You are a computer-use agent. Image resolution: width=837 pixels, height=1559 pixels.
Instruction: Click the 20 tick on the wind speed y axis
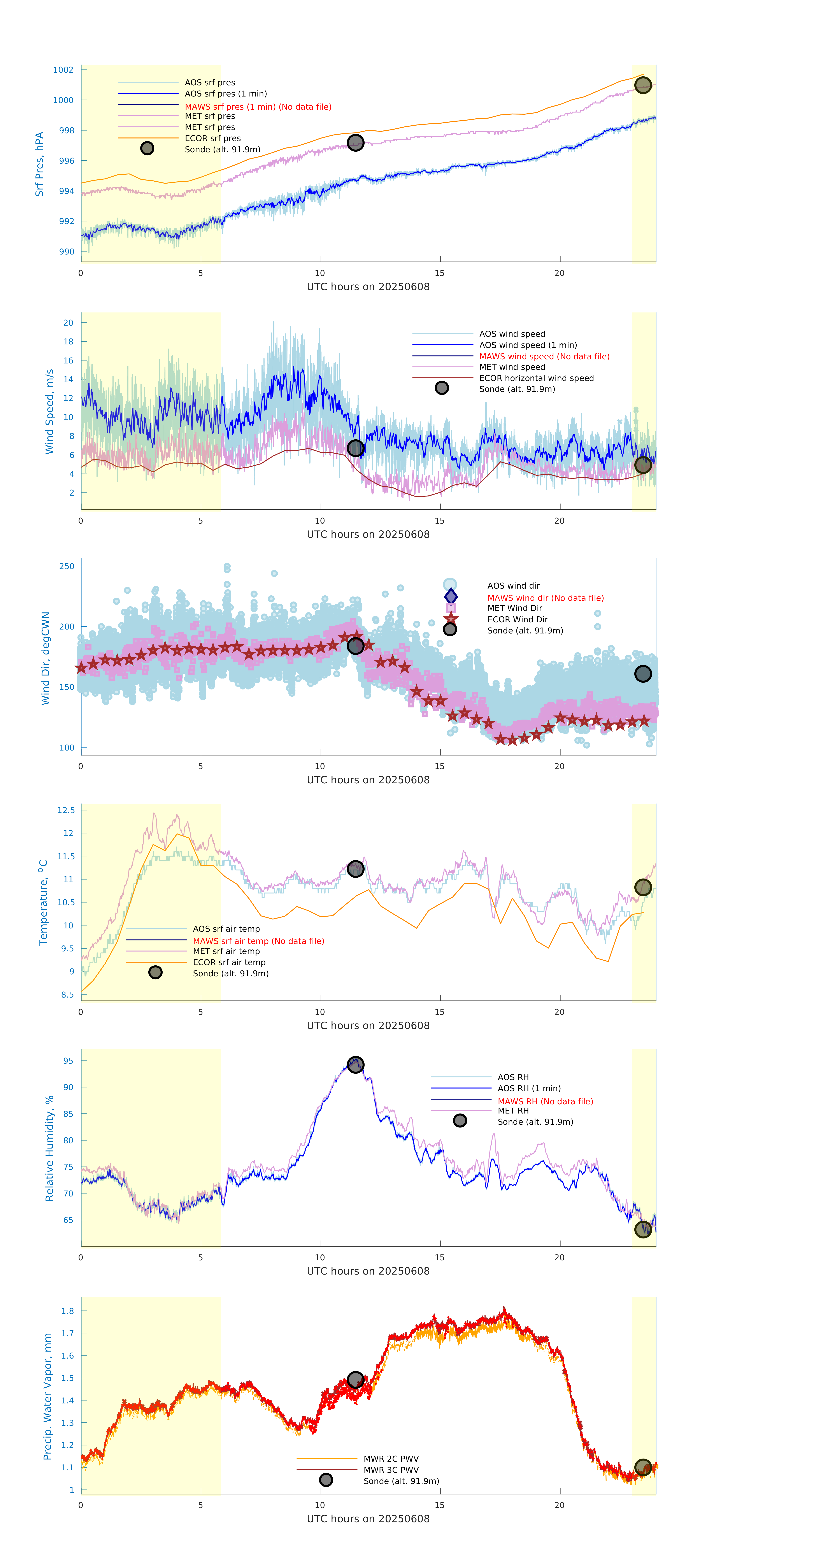coord(68,323)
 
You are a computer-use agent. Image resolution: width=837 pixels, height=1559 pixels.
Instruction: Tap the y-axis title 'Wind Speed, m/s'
coord(50,412)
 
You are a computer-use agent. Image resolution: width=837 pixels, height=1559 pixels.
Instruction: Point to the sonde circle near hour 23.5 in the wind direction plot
coord(643,673)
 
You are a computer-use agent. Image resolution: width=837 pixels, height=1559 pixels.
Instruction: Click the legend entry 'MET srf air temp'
coord(226,951)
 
